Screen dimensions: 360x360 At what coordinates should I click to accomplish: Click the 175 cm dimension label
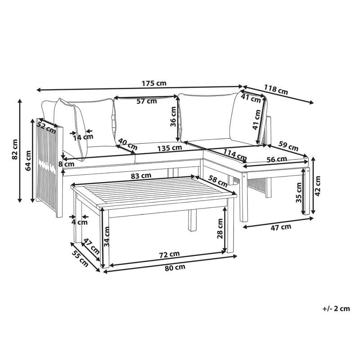tap(154, 83)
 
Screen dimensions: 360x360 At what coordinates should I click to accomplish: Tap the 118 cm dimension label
tap(276, 89)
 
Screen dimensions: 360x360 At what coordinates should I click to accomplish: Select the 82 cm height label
tap(15, 150)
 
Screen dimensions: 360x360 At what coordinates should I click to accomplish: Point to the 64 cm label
tap(28, 161)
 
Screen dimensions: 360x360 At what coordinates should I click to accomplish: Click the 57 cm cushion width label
tap(147, 101)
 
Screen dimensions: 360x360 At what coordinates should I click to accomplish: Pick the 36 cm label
tap(173, 117)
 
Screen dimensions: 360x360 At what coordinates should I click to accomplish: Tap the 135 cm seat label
tap(170, 148)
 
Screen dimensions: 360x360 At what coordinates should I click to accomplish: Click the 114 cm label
tap(235, 155)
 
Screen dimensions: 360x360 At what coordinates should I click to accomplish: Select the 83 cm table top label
tap(141, 176)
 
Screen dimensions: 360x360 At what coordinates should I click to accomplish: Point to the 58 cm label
tap(218, 181)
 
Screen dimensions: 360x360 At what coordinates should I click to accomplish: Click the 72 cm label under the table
tap(170, 254)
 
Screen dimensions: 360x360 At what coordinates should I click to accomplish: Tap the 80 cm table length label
tap(175, 267)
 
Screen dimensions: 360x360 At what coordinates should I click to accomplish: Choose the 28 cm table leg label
tap(220, 228)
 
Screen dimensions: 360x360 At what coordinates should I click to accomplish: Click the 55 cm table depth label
tap(80, 259)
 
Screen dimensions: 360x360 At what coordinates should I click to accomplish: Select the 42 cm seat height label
tap(318, 186)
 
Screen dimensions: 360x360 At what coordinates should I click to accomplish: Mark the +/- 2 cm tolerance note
tap(336, 309)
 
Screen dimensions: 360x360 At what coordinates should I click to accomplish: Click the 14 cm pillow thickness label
tap(83, 137)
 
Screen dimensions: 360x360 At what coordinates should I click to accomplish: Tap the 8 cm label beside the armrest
tap(66, 164)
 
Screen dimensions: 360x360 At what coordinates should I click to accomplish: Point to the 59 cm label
tap(288, 146)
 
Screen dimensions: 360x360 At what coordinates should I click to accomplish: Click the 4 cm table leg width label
tap(80, 222)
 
